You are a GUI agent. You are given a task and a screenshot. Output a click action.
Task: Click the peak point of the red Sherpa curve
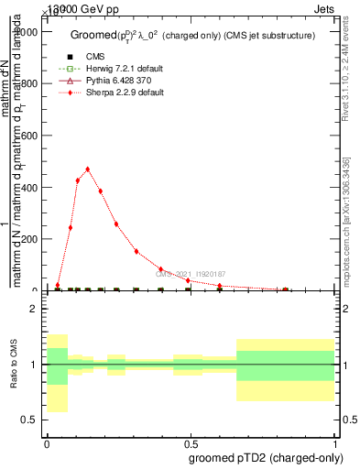coord(88,169)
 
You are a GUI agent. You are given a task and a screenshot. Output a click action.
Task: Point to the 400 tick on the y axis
coord(43,187)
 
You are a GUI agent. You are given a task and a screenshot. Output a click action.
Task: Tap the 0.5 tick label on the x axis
coord(191,442)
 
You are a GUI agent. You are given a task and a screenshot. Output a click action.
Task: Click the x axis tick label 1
coord(336,442)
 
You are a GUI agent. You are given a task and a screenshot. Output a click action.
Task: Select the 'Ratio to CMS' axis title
coord(15,364)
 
